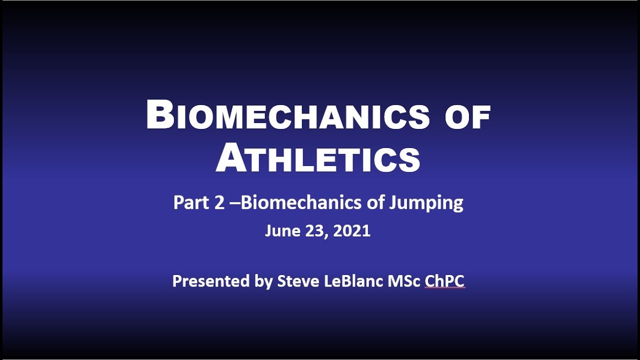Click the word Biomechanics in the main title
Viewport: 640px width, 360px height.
click(x=287, y=115)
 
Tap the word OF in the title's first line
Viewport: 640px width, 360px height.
click(x=467, y=118)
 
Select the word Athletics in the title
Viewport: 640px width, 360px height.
click(x=318, y=157)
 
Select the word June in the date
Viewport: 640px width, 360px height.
click(x=280, y=230)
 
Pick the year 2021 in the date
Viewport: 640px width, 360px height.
click(x=352, y=230)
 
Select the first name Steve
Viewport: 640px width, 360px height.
click(x=297, y=281)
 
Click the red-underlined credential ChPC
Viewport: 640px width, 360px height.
click(x=444, y=281)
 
